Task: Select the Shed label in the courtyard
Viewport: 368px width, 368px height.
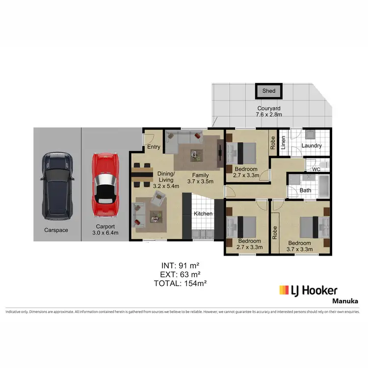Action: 269,91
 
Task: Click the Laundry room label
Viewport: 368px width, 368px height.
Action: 311,146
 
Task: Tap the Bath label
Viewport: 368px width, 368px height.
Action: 305,190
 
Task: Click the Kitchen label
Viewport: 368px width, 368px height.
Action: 203,214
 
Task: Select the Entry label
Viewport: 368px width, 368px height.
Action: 154,147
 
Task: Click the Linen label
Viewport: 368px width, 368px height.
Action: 283,143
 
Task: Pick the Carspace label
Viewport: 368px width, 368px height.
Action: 55,230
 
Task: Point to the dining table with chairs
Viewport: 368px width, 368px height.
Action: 142,174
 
